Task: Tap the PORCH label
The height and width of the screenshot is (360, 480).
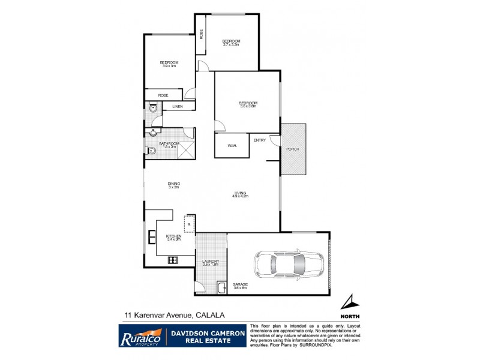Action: point(293,149)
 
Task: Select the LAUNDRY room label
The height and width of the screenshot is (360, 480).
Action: point(210,262)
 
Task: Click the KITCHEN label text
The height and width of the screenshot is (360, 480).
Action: point(173,236)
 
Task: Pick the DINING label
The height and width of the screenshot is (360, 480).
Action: point(174,184)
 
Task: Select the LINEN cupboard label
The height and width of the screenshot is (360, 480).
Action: point(177,107)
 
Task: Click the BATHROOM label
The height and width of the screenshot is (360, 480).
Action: point(169,143)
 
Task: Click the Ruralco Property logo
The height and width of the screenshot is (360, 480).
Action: point(140,335)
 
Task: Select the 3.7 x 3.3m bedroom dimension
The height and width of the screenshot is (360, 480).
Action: point(231,44)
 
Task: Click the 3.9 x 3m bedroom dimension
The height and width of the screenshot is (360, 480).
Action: point(169,66)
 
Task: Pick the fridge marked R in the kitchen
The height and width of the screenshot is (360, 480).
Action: point(189,224)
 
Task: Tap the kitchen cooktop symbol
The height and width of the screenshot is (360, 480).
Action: point(173,260)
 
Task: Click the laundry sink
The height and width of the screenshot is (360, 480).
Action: point(221,287)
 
